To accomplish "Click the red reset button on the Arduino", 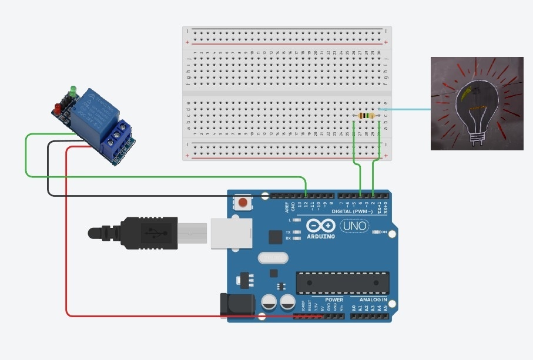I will (x=243, y=203).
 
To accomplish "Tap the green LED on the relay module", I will (x=72, y=92).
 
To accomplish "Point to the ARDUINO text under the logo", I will (x=321, y=237).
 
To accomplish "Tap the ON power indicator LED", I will (x=376, y=232).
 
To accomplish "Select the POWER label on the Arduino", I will (x=333, y=300).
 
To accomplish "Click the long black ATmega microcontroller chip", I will (x=342, y=282).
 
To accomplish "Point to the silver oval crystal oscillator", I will (x=272, y=258).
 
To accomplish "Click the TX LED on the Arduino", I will (x=297, y=232).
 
